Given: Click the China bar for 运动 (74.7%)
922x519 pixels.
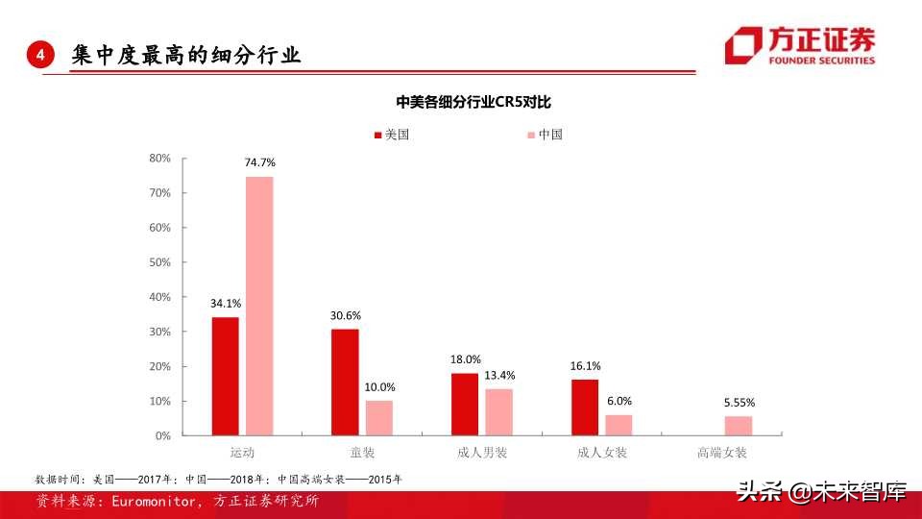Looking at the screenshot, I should click(259, 306).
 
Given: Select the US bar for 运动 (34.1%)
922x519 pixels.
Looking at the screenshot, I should click(226, 376).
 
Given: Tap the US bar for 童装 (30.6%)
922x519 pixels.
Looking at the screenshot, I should click(345, 383).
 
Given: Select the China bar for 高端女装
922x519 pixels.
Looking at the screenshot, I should click(738, 425).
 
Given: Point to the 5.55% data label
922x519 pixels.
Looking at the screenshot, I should click(739, 403).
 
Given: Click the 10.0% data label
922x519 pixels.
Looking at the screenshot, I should click(379, 387).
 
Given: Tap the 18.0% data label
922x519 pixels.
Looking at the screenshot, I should click(466, 359).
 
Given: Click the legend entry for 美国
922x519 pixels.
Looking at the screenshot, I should click(390, 135).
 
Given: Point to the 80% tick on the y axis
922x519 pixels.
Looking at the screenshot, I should click(159, 158).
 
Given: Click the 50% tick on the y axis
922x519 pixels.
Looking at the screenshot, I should click(159, 262).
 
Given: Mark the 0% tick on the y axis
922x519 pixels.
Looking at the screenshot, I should click(162, 435).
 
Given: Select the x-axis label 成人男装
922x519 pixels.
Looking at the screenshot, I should click(482, 452).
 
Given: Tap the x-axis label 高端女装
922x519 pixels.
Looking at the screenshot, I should click(721, 452).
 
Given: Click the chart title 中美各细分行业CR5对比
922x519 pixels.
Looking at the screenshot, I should click(461, 102).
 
